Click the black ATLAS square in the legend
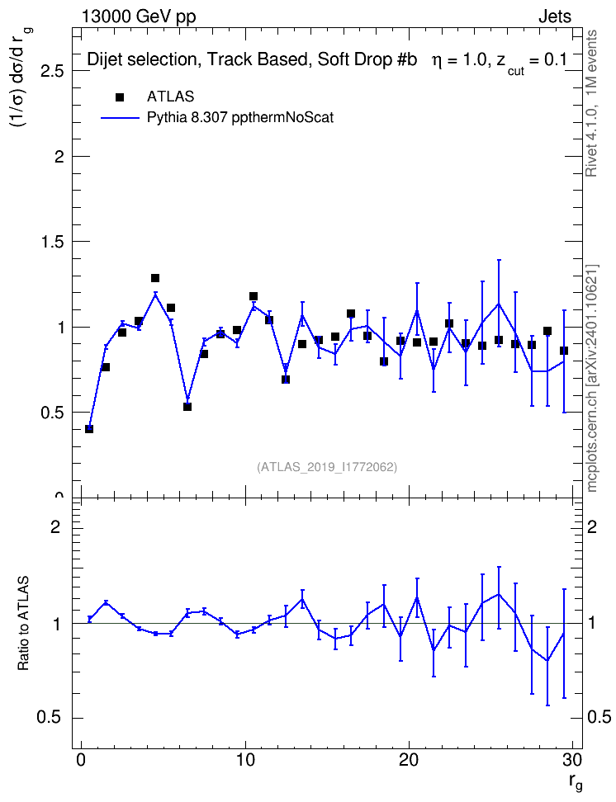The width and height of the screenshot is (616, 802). (x=120, y=97)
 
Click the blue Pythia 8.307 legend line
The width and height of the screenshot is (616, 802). (x=120, y=118)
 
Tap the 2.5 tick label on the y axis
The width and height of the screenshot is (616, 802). (x=52, y=71)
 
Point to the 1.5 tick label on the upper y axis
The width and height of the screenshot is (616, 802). (x=52, y=242)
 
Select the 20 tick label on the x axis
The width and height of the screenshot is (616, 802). (x=409, y=760)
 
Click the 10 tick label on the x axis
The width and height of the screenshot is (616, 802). (x=245, y=760)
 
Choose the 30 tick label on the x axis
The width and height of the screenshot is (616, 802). (x=572, y=760)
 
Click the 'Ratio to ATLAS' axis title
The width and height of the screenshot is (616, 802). (x=23, y=623)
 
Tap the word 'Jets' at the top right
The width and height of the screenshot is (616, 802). (x=555, y=17)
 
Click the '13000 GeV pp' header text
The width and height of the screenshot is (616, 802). (x=139, y=17)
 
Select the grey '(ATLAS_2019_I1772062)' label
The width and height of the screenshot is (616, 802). (x=327, y=467)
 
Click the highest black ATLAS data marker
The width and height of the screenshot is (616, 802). (x=155, y=278)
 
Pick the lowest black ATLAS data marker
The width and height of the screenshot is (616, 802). (x=89, y=429)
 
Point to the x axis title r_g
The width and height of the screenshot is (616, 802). (x=575, y=782)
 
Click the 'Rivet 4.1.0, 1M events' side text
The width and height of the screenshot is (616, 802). (x=591, y=103)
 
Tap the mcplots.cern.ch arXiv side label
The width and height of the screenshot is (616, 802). (x=591, y=378)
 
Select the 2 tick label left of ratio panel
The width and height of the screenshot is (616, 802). (x=55, y=526)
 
